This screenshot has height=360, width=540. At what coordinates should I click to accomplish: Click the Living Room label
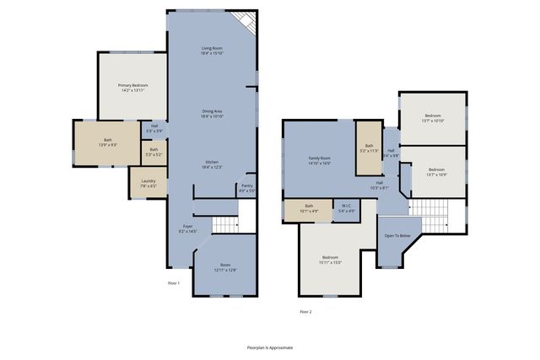click(x=211, y=48)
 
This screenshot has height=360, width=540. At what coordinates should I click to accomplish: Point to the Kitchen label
click(x=211, y=162)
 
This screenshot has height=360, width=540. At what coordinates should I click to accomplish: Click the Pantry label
click(x=247, y=185)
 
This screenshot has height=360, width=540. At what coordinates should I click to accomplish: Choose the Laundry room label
click(x=148, y=183)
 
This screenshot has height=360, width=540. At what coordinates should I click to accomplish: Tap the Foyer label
click(x=187, y=225)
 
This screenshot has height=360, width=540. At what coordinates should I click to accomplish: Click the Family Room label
click(x=318, y=158)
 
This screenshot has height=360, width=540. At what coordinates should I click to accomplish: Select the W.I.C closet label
click(x=346, y=206)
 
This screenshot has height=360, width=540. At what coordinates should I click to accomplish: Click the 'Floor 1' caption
click(x=174, y=282)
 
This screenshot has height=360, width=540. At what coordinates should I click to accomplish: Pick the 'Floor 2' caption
click(x=305, y=311)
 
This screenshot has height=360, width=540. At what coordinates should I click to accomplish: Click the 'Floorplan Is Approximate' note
click(x=269, y=347)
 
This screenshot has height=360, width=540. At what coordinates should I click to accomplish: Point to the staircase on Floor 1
click(x=224, y=224)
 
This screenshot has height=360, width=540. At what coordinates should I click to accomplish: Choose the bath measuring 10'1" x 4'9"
click(x=309, y=210)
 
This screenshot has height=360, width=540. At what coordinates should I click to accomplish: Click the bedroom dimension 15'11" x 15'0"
click(x=331, y=262)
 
